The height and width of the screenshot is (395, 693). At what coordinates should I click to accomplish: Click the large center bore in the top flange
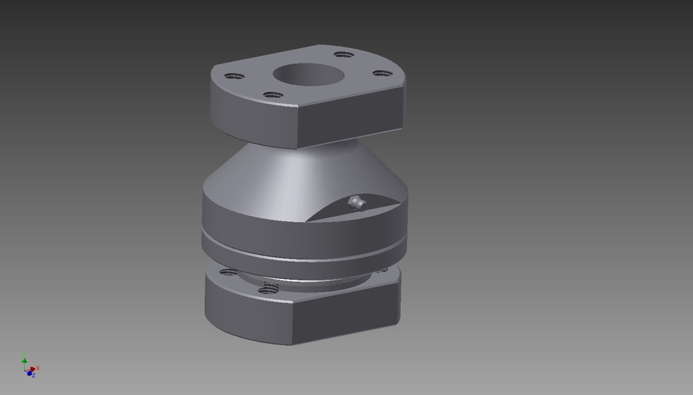tap(303, 74)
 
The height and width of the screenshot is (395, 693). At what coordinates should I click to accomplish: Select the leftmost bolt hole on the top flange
tap(232, 76)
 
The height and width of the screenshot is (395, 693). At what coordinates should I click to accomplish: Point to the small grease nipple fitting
tap(354, 203)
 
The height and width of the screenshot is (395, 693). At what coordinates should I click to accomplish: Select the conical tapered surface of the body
tap(289, 173)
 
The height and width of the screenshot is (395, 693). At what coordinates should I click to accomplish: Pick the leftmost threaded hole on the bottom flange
tap(227, 272)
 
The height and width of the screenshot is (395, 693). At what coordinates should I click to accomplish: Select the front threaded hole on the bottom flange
tap(269, 288)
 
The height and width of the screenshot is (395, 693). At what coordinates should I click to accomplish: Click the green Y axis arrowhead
tap(25, 360)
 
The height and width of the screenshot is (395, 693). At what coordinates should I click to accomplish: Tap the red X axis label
tap(38, 368)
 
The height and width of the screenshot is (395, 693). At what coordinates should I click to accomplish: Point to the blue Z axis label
tap(33, 376)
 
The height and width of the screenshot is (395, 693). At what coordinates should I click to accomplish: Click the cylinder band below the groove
tap(289, 249)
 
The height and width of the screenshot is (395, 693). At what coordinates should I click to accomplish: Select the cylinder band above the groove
tap(274, 220)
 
